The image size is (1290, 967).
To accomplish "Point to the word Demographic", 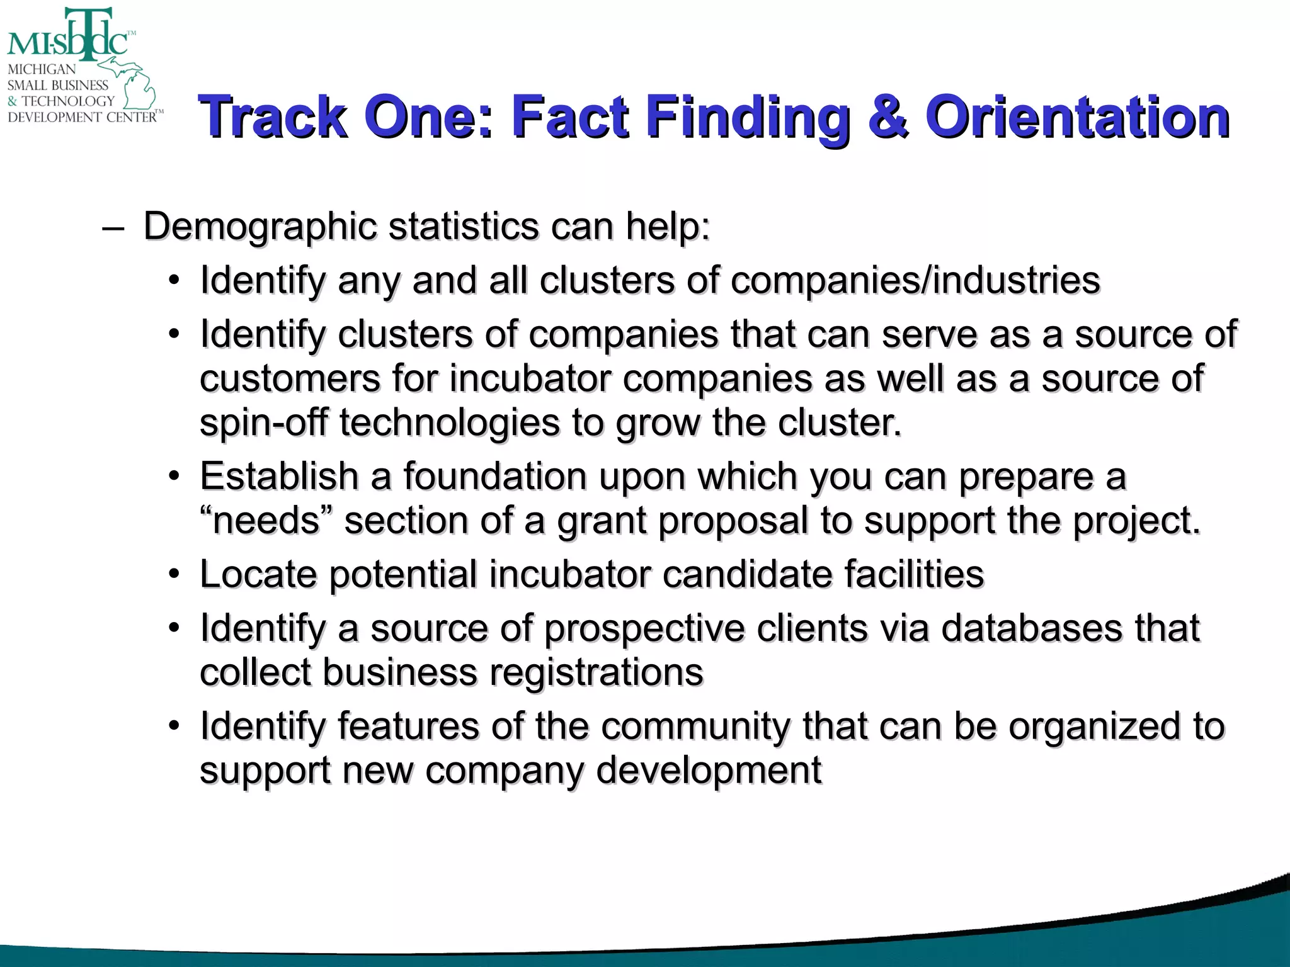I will pyautogui.click(x=260, y=227).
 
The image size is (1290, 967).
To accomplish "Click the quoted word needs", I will pyautogui.click(x=266, y=521).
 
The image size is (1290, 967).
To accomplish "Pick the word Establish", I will pyautogui.click(x=279, y=477).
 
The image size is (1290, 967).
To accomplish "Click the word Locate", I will pyautogui.click(x=258, y=575).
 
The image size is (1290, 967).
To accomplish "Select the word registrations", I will pyautogui.click(x=596, y=673).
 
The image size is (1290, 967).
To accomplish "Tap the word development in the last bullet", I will pyautogui.click(x=709, y=771).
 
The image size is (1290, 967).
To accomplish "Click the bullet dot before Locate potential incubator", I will pyautogui.click(x=174, y=574).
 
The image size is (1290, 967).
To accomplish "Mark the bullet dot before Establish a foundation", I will pyautogui.click(x=174, y=476).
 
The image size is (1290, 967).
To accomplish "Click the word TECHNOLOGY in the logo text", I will pyautogui.click(x=68, y=101).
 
